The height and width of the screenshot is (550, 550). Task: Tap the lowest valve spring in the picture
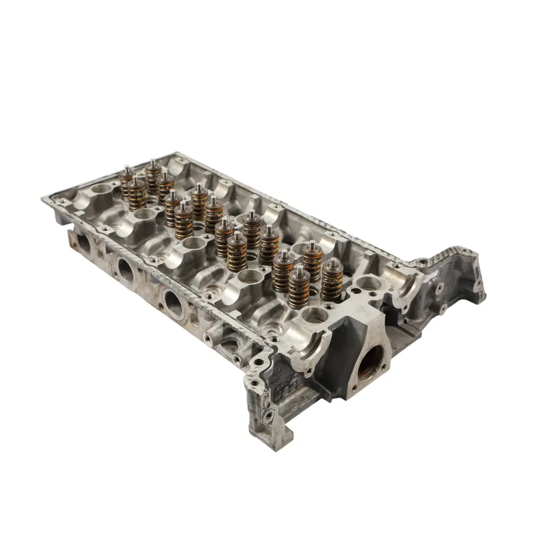(x=299, y=290)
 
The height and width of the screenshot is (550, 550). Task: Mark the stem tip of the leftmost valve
(x=126, y=169)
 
